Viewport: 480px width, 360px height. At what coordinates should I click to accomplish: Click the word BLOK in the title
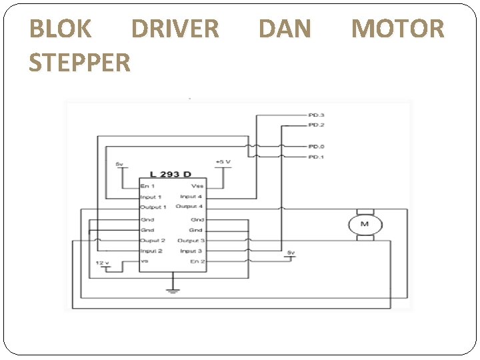point(61,29)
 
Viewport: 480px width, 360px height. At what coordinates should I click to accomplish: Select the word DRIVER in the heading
point(175,29)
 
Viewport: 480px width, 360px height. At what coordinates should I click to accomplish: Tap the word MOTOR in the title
point(397,29)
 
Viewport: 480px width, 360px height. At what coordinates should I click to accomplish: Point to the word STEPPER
point(80,63)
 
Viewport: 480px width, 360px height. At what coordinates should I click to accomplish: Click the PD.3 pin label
point(316,115)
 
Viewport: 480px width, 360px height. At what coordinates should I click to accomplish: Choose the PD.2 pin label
point(316,125)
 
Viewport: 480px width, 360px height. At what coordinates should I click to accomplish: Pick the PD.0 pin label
point(316,146)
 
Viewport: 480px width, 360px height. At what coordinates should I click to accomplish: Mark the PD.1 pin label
point(316,157)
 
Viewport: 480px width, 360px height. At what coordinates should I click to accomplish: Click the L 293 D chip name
point(170,174)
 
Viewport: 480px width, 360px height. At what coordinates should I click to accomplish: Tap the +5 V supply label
point(223,161)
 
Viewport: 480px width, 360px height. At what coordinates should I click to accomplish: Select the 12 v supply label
point(102,263)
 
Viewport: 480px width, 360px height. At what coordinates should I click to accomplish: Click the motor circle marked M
point(364,224)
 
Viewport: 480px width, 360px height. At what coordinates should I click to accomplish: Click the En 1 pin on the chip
point(148,186)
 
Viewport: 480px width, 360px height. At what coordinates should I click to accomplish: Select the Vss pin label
point(197,186)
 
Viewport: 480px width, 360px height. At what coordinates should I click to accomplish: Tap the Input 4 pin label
point(191,197)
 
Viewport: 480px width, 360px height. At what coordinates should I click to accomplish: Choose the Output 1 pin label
point(153,207)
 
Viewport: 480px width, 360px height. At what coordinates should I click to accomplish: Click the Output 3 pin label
point(191,241)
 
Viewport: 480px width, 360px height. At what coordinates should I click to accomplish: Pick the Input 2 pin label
point(151,251)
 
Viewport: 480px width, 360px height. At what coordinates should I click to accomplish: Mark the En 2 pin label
point(197,261)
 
